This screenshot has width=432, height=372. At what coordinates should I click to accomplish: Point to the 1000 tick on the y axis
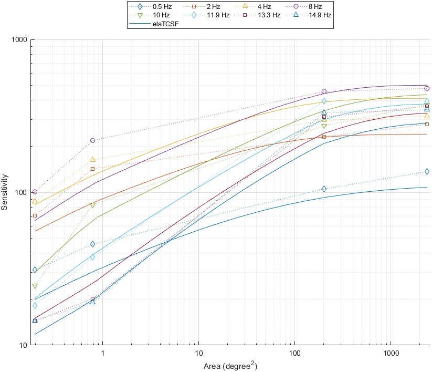pyautogui.click(x=20, y=39)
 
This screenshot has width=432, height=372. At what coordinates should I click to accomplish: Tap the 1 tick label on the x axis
pyautogui.click(x=103, y=355)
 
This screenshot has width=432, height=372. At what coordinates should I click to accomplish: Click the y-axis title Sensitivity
pyautogui.click(x=5, y=192)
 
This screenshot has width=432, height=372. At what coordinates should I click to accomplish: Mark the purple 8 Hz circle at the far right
pyautogui.click(x=427, y=88)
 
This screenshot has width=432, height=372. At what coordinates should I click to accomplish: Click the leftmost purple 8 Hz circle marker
pyautogui.click(x=35, y=192)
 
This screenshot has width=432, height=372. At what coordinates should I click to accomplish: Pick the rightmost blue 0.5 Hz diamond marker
pyautogui.click(x=427, y=171)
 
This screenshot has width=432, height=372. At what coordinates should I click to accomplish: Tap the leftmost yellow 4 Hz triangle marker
pyautogui.click(x=35, y=201)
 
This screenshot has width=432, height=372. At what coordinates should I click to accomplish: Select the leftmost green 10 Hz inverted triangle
pyautogui.click(x=35, y=286)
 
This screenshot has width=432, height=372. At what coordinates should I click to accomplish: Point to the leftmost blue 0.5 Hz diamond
pyautogui.click(x=35, y=270)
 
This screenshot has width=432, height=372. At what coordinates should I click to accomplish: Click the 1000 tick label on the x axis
pyautogui.click(x=391, y=355)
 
